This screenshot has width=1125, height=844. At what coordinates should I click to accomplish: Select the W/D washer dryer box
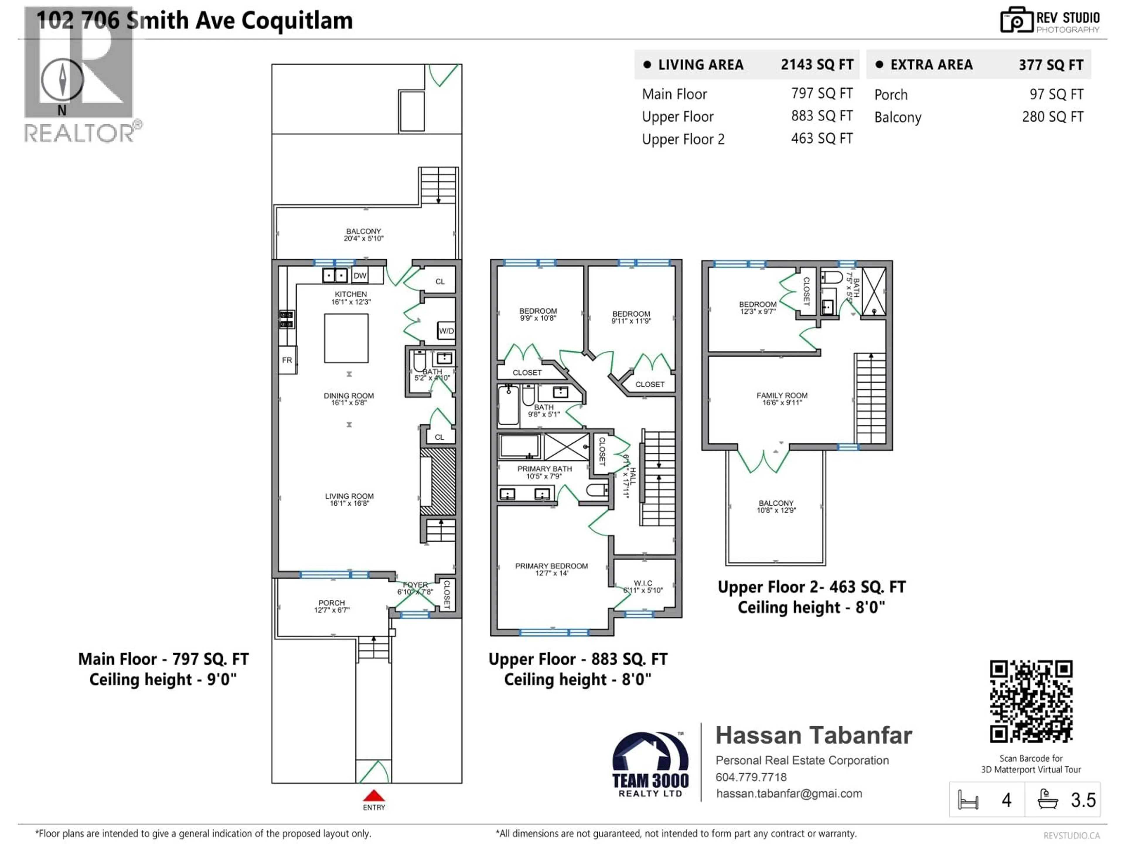click(446, 331)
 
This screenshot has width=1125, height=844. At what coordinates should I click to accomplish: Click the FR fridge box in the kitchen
click(287, 360)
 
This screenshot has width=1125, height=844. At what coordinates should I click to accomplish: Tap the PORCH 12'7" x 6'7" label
click(332, 606)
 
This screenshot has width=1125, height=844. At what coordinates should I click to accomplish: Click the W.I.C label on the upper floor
click(643, 586)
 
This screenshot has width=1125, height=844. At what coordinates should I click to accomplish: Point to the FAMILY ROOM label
click(782, 398)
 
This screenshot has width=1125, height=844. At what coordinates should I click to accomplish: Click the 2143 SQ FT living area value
click(817, 64)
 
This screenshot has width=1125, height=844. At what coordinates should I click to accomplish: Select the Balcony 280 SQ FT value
click(1052, 117)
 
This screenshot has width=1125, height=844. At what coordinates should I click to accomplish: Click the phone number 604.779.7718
click(751, 777)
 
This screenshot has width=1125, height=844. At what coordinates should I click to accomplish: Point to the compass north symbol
click(62, 80)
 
